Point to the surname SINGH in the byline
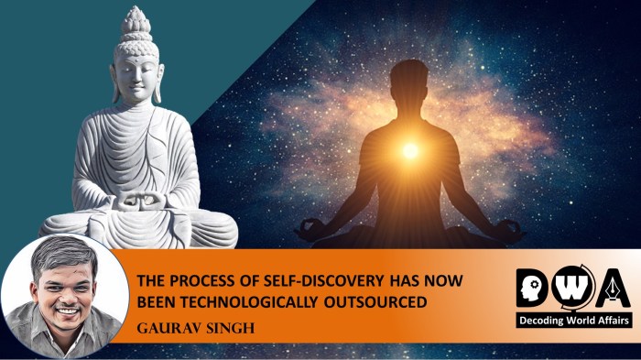pos(216,325)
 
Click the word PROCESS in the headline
pos(202,280)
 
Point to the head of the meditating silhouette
pos(410,83)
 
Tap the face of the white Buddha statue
pos(135,64)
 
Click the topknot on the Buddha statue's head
pos(135,20)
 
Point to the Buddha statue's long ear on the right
pos(159,78)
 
